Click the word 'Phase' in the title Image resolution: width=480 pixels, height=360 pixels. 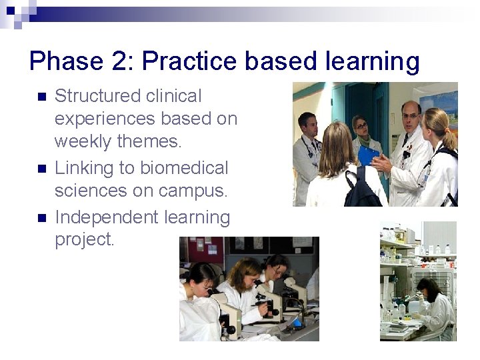tap(62, 61)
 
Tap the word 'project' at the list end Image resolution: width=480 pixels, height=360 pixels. tap(83, 240)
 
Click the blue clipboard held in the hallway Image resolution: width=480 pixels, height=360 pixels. tap(368, 156)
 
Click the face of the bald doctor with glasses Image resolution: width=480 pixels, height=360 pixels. tap(411, 117)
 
